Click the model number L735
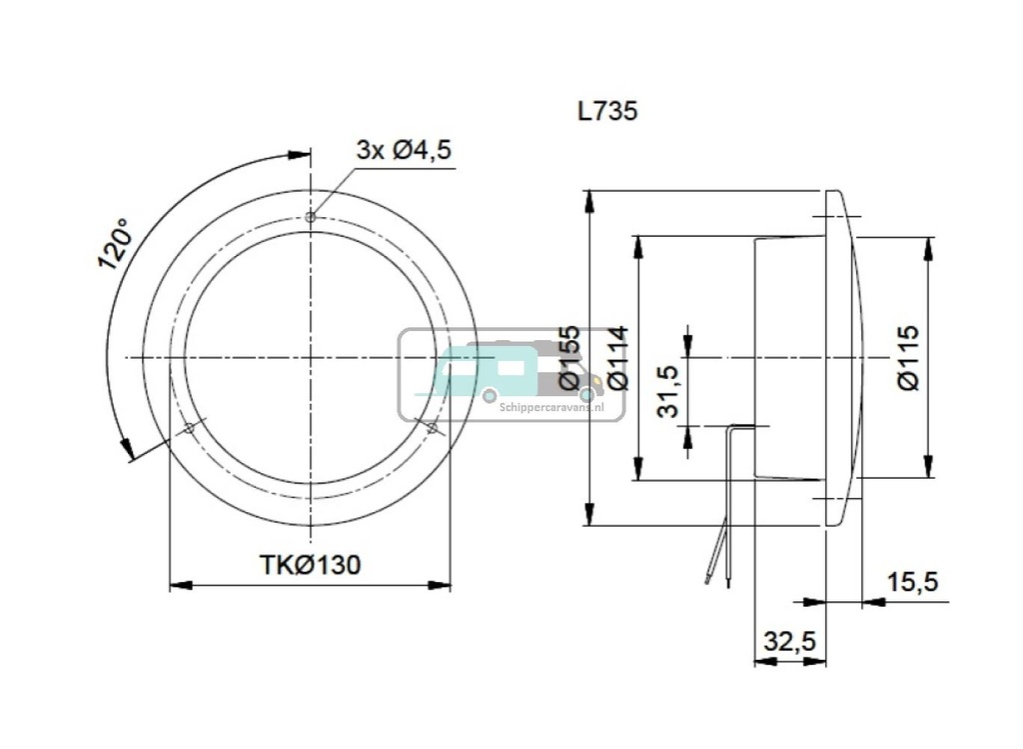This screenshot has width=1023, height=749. click(606, 111)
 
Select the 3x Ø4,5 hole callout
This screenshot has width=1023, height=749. click(404, 150)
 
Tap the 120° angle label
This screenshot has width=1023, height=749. click(115, 243)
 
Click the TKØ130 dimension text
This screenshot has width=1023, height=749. click(310, 565)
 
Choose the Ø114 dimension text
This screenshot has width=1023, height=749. click(616, 357)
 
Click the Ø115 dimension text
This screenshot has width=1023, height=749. click(907, 357)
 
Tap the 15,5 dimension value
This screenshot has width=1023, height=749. click(911, 582)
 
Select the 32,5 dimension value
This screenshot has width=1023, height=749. click(789, 641)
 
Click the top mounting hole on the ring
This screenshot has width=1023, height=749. click(311, 217)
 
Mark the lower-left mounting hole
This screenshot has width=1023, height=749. click(189, 428)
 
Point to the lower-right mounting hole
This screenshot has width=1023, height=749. click(432, 428)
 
